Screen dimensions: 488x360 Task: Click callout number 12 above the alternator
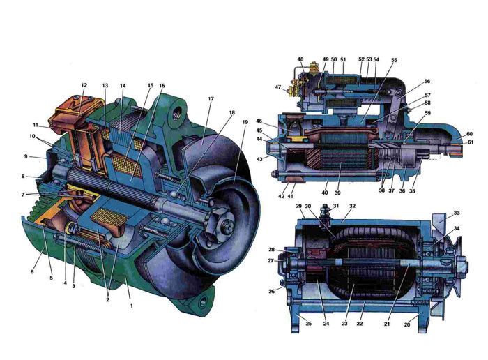[x=84, y=85]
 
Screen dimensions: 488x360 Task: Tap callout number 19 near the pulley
[x=245, y=122]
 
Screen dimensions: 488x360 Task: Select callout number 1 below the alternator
[x=131, y=306]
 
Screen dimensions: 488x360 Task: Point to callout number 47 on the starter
[x=278, y=87]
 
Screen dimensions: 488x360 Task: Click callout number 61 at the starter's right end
[x=471, y=142]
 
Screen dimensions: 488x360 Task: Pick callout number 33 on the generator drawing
[x=457, y=213]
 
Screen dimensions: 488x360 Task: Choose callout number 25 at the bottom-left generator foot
[x=308, y=324]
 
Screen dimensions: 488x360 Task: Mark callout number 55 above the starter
[x=395, y=60]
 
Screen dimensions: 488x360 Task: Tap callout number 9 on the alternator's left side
[x=26, y=156]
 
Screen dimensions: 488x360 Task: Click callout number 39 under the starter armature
[x=337, y=193]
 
